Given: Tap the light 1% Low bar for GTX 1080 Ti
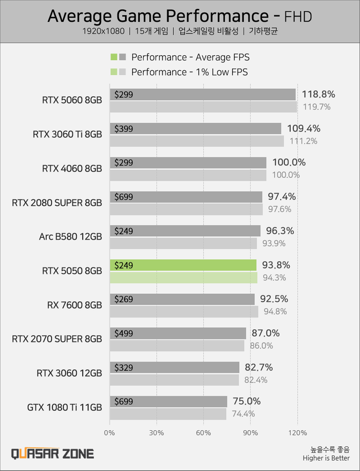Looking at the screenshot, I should [x=168, y=414].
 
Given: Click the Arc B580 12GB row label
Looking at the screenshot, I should [x=70, y=237].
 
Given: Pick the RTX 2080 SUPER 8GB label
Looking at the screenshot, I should [x=57, y=202].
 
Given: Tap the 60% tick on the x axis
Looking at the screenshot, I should [x=203, y=433].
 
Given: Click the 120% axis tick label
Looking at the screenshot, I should [x=297, y=433].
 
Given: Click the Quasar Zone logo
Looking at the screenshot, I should [x=53, y=454].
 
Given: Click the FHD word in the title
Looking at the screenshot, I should [x=297, y=17].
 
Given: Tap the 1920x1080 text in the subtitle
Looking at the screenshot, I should [x=104, y=32].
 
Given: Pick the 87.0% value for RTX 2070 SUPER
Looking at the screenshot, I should [x=266, y=334].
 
